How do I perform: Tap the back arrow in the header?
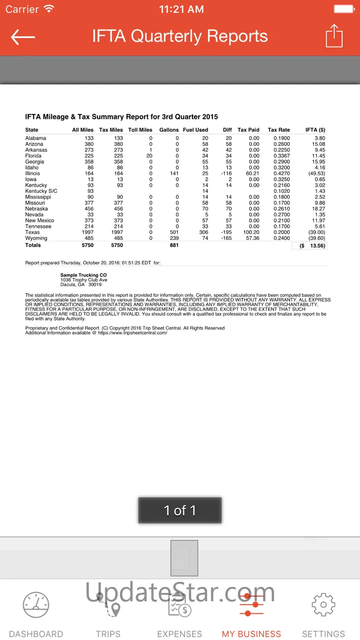pos(23,37)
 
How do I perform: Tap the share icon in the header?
pos(334,36)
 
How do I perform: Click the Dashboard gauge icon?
pos(36,605)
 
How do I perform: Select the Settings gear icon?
pos(323,605)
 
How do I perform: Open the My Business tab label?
pos(251,634)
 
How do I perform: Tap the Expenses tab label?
pos(180,634)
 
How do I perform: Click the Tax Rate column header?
pos(279,130)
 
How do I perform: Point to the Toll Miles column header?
pos(140,130)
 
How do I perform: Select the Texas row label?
pos(32,233)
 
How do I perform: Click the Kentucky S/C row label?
pos(41,191)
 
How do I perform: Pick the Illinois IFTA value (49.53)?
pos(317,173)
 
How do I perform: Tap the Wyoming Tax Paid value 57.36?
pos(252,239)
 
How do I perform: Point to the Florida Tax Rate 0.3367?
pos(282,156)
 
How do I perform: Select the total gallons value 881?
pos(174,245)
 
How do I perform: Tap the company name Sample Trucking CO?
pos(84,275)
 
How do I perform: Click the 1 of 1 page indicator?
pos(180,510)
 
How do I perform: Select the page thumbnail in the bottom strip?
pos(184,558)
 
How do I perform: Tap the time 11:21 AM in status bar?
pos(181,9)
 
